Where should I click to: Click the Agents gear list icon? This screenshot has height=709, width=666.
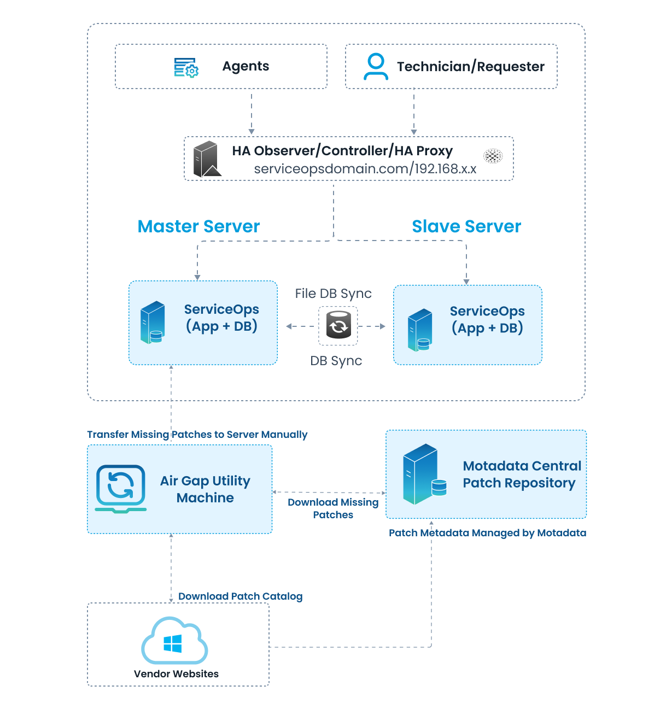(x=186, y=67)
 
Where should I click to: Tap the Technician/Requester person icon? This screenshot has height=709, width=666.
(x=376, y=67)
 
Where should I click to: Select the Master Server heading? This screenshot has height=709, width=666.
(x=198, y=226)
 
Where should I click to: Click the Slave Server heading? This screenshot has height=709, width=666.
(x=466, y=226)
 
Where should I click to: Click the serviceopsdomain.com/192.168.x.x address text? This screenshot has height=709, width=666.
(x=365, y=169)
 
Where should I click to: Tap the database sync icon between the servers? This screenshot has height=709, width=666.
(x=338, y=325)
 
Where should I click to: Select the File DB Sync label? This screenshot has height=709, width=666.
(x=333, y=294)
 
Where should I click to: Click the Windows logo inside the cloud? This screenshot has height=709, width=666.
(x=173, y=643)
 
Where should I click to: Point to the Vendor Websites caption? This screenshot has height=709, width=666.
(x=176, y=674)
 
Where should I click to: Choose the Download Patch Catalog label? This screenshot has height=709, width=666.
(x=240, y=596)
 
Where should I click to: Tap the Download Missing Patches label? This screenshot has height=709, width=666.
(x=333, y=508)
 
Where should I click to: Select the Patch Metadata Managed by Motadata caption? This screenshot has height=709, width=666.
(x=487, y=533)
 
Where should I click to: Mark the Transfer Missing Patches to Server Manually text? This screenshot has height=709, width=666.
(x=197, y=435)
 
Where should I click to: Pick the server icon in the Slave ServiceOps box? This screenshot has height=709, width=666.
(x=420, y=330)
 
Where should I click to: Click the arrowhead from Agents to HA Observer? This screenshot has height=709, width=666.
(x=252, y=131)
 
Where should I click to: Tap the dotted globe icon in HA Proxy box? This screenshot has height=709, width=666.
(x=493, y=156)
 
